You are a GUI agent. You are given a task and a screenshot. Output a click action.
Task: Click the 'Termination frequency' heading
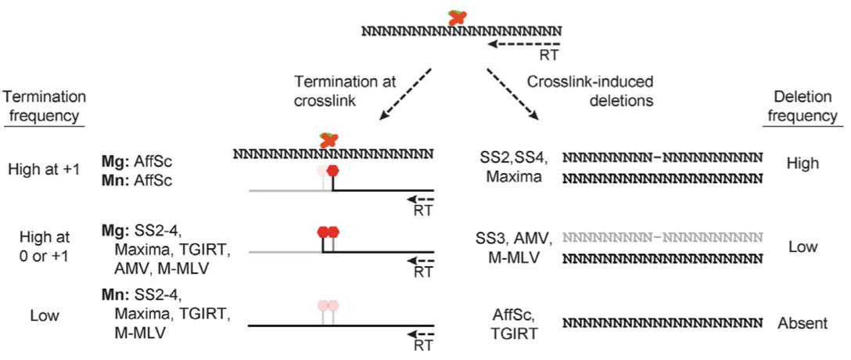click(x=44, y=106)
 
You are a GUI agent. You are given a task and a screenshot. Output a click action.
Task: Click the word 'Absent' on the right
click(x=803, y=322)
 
